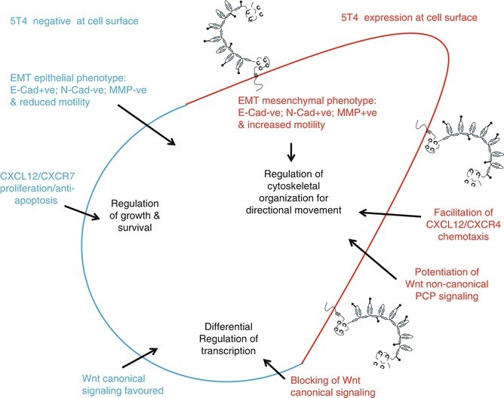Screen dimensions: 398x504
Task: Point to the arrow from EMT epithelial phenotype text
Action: tap(147, 126)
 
